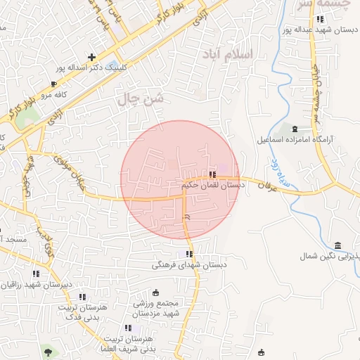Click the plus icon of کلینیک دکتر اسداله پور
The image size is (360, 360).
click(91, 57)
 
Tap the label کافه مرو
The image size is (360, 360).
click(52, 94)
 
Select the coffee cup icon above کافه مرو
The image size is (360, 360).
click(53, 84)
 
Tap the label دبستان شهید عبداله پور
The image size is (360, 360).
click(321, 30)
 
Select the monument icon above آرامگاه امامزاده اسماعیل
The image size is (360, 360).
click(294, 128)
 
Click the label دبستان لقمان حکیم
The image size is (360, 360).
click(212, 185)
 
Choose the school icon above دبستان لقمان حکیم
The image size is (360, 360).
click(212, 174)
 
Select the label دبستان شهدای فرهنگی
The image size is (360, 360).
click(190, 266)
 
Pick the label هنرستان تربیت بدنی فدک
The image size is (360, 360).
click(83, 312)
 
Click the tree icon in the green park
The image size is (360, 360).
click(47, 350)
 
